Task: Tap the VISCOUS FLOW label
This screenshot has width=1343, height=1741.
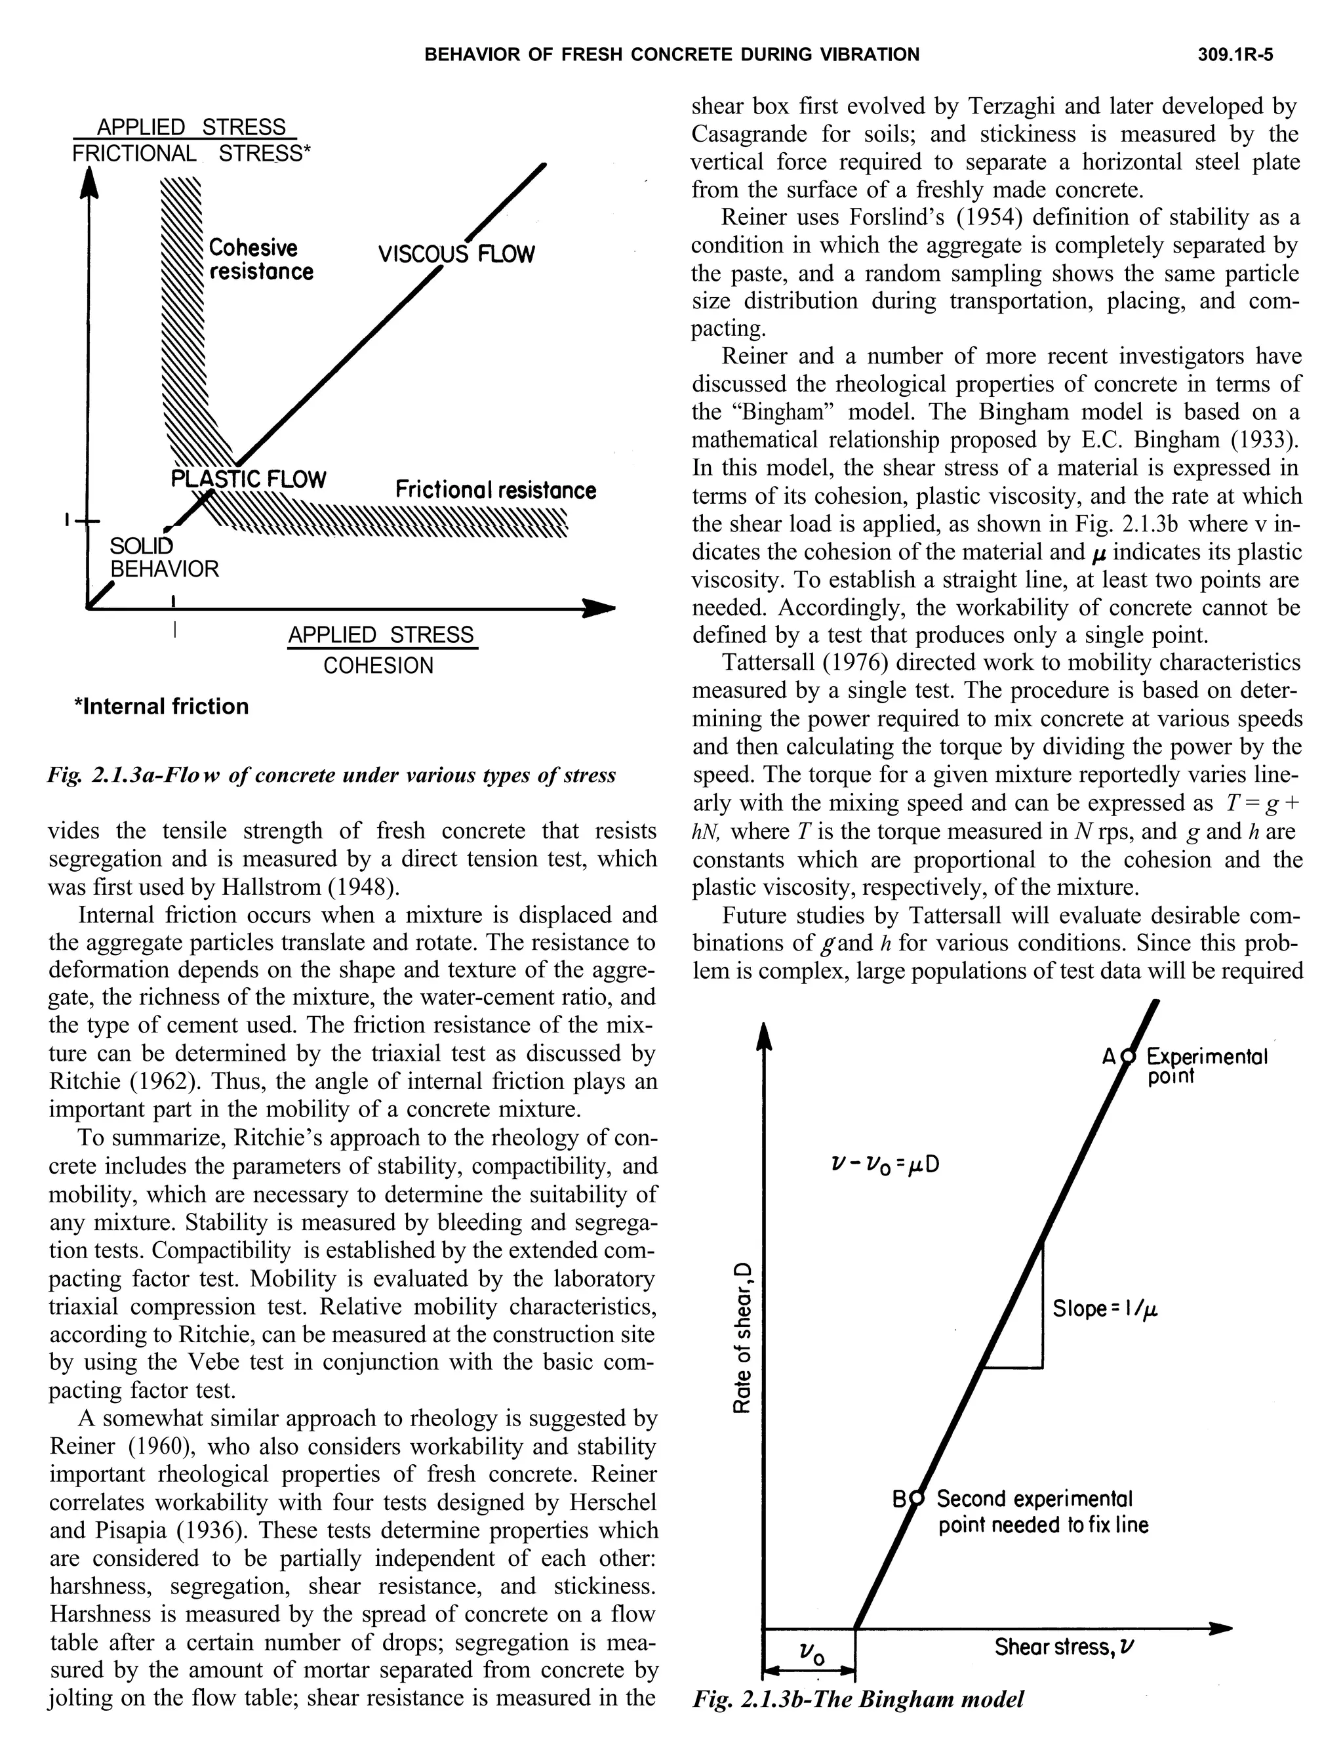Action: pyautogui.click(x=456, y=255)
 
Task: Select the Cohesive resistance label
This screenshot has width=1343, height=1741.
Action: pyautogui.click(x=260, y=260)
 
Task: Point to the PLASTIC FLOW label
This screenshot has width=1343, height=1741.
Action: pyautogui.click(x=249, y=479)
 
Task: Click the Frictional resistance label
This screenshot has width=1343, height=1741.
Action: pyautogui.click(x=495, y=489)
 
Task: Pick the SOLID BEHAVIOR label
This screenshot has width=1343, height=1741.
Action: pyautogui.click(x=163, y=558)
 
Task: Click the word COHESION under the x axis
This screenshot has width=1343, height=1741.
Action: pyautogui.click(x=378, y=666)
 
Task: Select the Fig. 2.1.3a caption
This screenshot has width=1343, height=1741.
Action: pyautogui.click(x=332, y=775)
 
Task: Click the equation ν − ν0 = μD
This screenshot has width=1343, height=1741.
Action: pyautogui.click(x=885, y=1164)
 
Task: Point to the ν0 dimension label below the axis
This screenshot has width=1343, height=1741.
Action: pyautogui.click(x=811, y=1656)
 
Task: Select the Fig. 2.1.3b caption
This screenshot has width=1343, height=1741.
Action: pyautogui.click(x=858, y=1699)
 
